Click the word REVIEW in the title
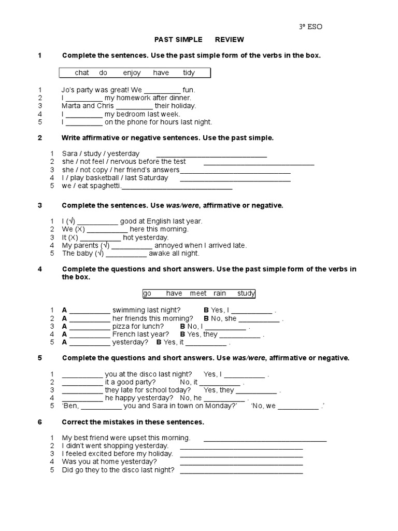click(x=230, y=39)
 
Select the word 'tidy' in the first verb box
click(x=189, y=73)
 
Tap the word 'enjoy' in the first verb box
click(x=132, y=73)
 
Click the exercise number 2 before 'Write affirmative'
click(x=40, y=137)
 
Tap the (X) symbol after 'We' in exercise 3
click(x=80, y=229)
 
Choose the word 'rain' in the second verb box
click(x=220, y=294)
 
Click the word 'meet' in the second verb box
click(x=198, y=294)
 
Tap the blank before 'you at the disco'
click(x=82, y=374)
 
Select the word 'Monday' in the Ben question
click(x=222, y=406)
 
